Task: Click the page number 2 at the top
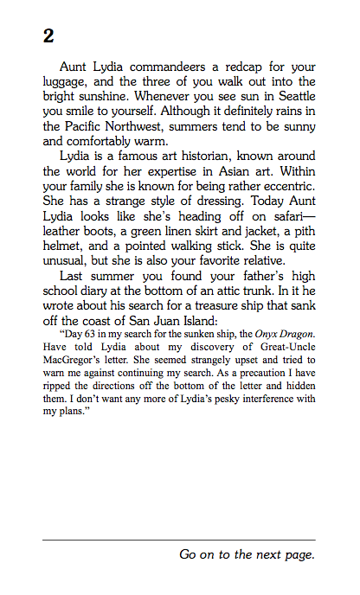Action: coord(48,36)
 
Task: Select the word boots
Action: coord(108,231)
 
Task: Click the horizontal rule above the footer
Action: coord(179,540)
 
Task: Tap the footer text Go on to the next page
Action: coord(247,554)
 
